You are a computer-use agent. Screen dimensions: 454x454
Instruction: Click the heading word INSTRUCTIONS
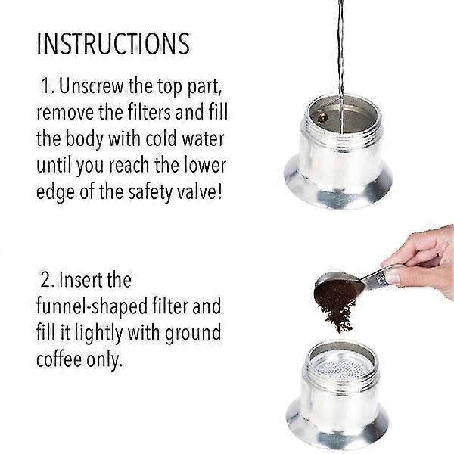click(113, 44)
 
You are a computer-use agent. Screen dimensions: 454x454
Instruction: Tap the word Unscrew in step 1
click(92, 86)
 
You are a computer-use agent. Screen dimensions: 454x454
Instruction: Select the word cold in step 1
click(161, 139)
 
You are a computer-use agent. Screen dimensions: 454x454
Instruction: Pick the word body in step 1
click(84, 140)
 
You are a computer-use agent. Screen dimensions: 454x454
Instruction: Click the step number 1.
click(48, 86)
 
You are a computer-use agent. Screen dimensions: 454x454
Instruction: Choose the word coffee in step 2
click(59, 359)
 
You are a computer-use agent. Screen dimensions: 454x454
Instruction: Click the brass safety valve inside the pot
click(322, 117)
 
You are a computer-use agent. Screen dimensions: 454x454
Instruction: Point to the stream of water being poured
click(340, 67)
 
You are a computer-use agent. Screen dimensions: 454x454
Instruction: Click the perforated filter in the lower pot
click(341, 366)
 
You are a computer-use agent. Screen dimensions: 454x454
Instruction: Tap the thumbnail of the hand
click(393, 277)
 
